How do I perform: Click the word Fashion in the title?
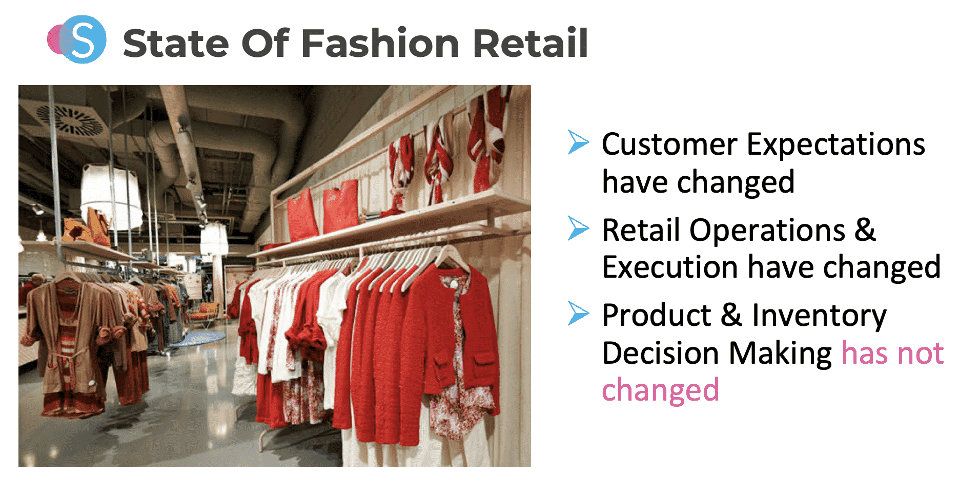tap(380, 43)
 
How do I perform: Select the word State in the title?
tap(175, 43)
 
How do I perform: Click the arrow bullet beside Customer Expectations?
tap(578, 142)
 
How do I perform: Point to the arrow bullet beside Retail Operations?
tap(578, 228)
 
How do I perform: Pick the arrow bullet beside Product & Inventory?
tap(578, 313)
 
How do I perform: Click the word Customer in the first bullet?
tap(669, 144)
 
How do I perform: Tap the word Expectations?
tap(835, 145)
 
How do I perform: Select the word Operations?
tap(767, 231)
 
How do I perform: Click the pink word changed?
tap(660, 390)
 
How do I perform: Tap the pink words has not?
tap(892, 354)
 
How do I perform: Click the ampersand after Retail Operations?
tap(865, 230)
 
